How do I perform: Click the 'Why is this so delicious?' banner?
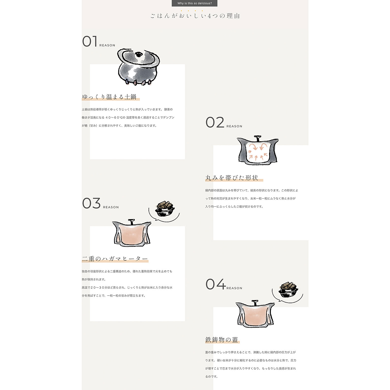click(194, 3)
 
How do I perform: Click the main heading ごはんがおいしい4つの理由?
click(195, 16)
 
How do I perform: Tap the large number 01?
click(90, 41)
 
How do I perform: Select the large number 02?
click(215, 122)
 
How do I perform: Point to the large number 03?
click(91, 203)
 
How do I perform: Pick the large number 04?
click(216, 284)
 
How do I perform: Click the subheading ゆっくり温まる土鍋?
click(109, 97)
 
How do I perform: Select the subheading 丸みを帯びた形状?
click(232, 178)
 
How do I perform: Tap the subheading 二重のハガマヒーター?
click(115, 259)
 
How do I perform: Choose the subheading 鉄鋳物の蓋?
click(222, 340)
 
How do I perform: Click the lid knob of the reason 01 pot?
click(139, 54)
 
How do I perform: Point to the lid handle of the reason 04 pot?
click(255, 303)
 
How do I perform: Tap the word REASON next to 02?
click(234, 126)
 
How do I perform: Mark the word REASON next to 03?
click(111, 207)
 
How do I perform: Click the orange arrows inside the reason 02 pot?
click(257, 152)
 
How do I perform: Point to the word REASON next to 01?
click(107, 45)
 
